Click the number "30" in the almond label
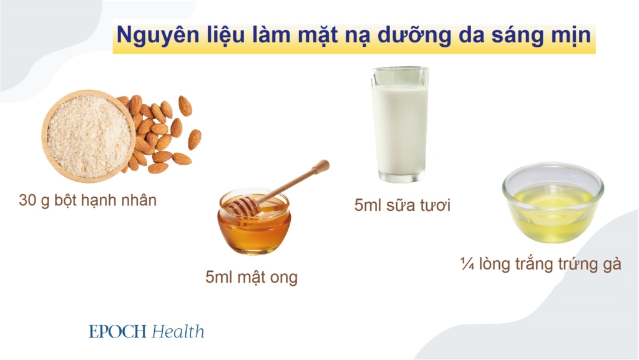click(x=28, y=201)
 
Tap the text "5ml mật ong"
click(x=251, y=277)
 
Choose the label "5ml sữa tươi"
click(x=402, y=205)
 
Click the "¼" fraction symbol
click(x=466, y=263)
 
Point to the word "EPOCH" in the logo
click(x=117, y=331)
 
